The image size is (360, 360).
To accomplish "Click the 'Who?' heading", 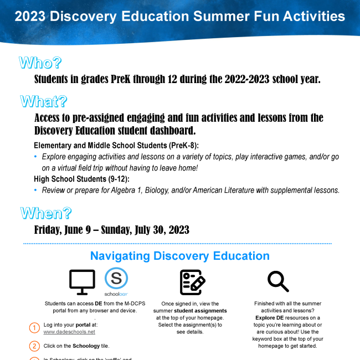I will [x=40, y=63].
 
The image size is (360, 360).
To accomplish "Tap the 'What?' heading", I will [x=44, y=101].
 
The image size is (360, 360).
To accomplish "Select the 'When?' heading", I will [x=46, y=213].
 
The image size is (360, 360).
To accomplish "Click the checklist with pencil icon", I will [x=192, y=282].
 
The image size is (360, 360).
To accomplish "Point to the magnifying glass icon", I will [x=278, y=281].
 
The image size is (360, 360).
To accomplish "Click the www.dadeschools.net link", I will [x=69, y=332].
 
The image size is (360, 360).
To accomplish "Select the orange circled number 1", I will [x=34, y=328].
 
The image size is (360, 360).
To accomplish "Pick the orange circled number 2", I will [x=34, y=346].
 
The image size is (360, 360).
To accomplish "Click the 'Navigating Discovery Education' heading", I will [x=179, y=256].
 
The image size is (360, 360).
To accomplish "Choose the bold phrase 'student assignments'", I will [x=196, y=311].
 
